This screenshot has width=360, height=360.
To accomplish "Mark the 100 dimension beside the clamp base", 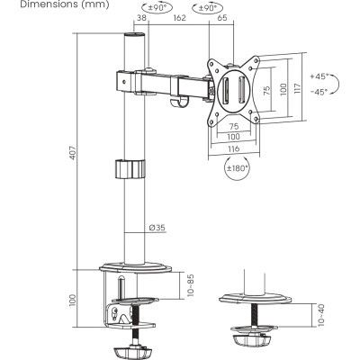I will pyautogui.click(x=73, y=299).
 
